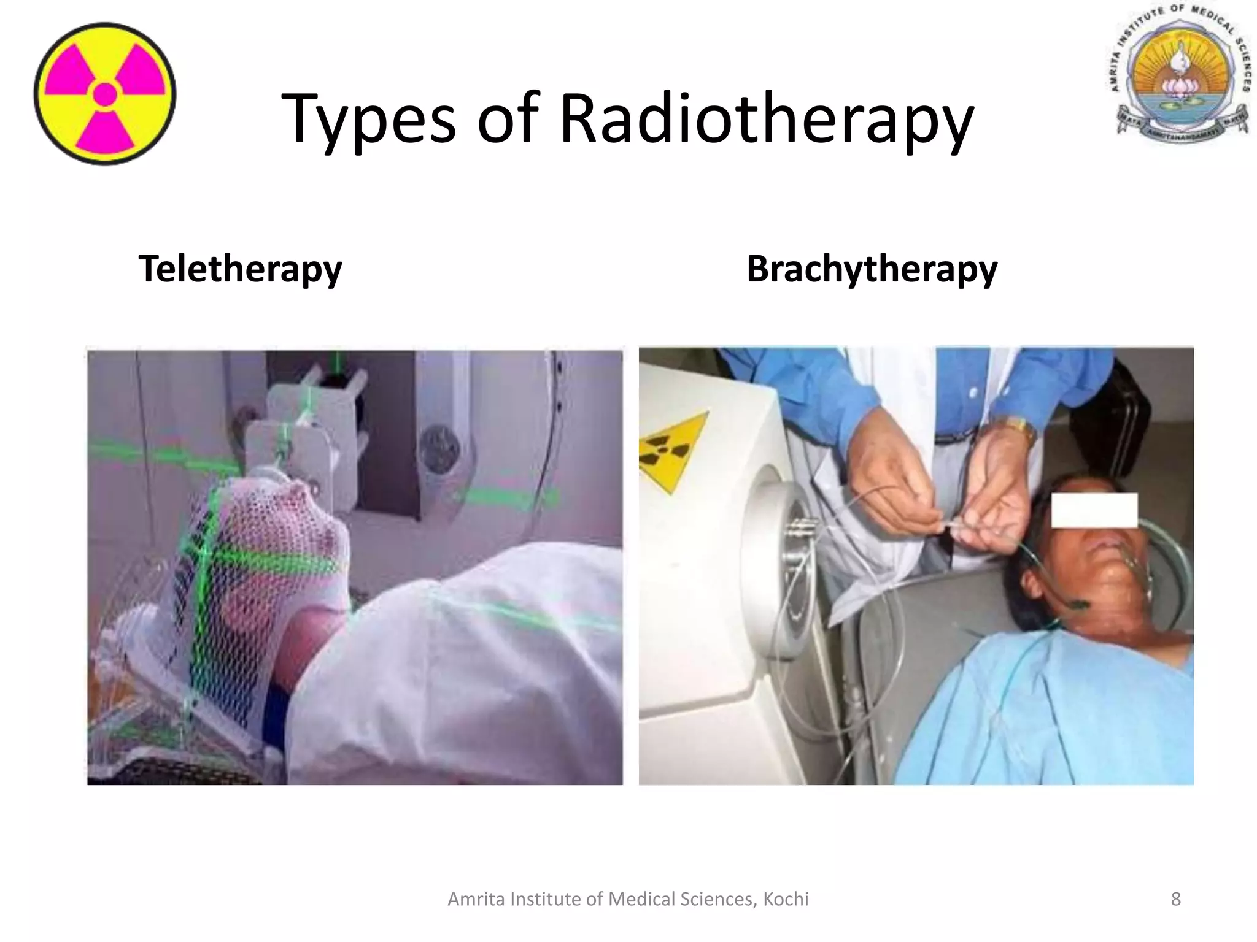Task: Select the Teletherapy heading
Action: tap(240, 269)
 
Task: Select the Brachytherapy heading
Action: tap(872, 269)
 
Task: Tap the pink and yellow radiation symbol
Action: tap(105, 94)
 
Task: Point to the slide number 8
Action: tap(1175, 899)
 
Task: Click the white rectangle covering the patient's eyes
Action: tap(1094, 510)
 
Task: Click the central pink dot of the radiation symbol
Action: tap(105, 94)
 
